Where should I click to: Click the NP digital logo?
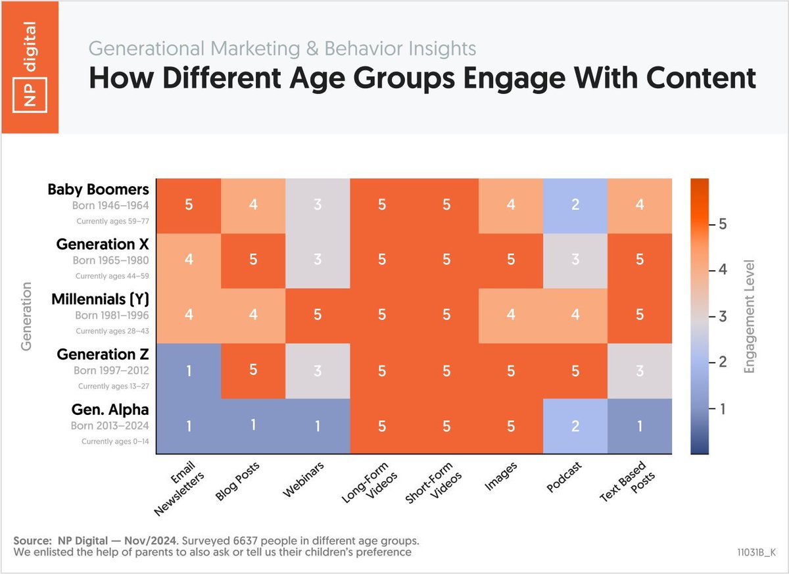tap(29, 66)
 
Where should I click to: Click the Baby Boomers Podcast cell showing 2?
tap(575, 205)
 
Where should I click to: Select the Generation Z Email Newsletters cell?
tap(188, 371)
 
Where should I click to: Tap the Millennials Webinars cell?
tap(317, 316)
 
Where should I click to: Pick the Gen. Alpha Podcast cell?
tap(575, 426)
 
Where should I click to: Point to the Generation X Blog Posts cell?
tap(252, 260)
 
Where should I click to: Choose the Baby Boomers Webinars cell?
tap(317, 205)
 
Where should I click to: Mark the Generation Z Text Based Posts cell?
tap(639, 371)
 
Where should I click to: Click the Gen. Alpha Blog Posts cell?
tap(252, 426)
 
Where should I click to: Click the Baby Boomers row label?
tap(98, 190)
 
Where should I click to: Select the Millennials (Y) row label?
tap(101, 300)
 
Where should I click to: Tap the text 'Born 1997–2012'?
tap(110, 370)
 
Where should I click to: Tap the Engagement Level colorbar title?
tap(750, 316)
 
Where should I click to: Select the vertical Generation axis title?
tap(27, 316)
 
